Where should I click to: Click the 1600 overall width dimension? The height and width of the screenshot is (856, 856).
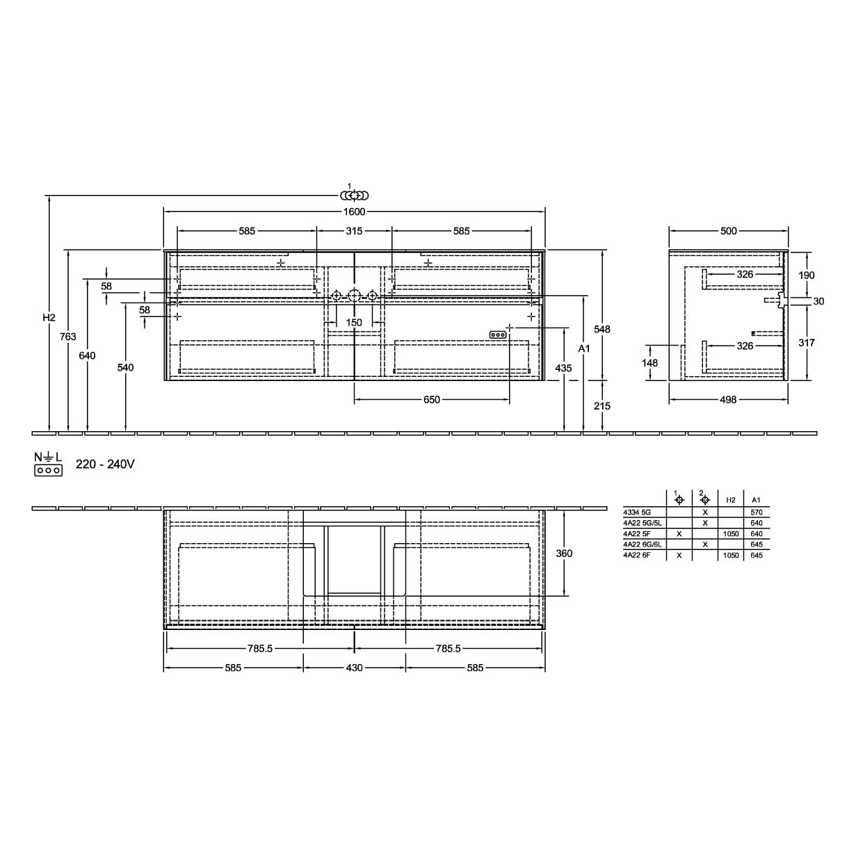tap(354, 212)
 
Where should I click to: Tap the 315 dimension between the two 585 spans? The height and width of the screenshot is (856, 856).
tap(354, 231)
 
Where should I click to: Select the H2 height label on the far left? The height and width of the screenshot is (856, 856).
tap(49, 318)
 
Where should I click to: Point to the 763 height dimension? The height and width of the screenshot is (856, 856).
tap(68, 337)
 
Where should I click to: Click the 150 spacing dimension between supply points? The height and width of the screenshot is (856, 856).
tap(354, 323)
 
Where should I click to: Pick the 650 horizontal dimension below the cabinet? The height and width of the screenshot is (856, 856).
tap(431, 400)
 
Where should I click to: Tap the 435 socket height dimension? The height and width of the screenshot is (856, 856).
tap(563, 368)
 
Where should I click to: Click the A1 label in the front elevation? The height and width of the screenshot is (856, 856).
tap(583, 348)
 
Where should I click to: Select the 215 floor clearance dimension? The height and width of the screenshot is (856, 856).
tap(602, 405)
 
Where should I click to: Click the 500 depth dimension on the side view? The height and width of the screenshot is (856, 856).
tap(729, 231)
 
